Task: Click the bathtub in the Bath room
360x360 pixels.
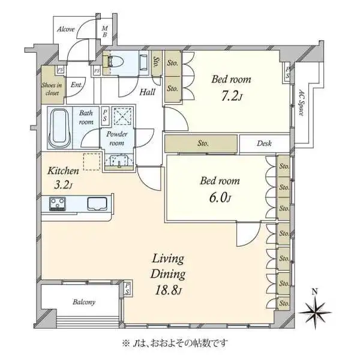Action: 59,129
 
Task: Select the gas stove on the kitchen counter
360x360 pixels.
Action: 58,203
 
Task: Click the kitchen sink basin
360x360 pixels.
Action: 97,203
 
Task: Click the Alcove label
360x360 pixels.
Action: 66,29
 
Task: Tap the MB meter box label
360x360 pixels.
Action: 104,32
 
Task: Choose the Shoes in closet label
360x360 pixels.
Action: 52,89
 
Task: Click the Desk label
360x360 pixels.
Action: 264,143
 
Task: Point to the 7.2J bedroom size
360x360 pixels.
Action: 232,97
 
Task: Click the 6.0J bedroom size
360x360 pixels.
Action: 220,198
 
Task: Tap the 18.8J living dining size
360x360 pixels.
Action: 168,290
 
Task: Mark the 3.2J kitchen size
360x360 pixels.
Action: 63,185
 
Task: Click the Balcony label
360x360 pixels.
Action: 84,302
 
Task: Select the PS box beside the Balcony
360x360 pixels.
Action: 127,289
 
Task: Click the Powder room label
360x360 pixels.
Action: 116,139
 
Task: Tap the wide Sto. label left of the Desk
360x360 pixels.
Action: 203,143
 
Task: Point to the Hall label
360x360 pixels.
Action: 148,92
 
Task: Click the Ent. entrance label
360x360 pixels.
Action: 76,85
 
